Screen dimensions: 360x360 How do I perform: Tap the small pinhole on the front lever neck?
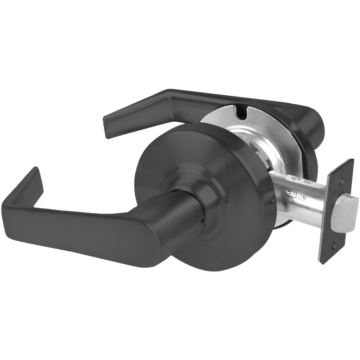[203, 221]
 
